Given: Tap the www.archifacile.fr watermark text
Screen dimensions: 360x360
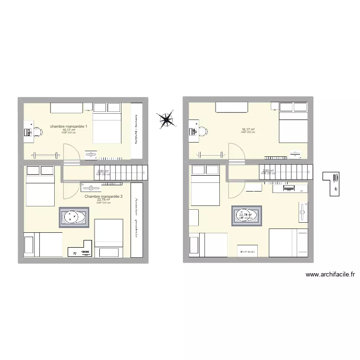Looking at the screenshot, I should click(330, 275).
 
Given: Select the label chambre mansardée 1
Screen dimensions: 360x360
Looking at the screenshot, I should click(68, 126).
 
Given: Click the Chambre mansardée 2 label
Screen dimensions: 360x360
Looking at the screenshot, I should click(104, 196).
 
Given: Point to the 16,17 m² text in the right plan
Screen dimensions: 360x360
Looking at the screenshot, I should click(248, 129).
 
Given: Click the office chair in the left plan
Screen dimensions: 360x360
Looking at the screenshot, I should click(37, 132).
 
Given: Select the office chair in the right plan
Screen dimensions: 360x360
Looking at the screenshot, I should click(202, 131).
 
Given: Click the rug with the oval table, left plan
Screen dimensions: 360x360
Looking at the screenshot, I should click(73, 217).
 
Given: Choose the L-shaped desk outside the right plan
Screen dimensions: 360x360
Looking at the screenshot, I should click(331, 184).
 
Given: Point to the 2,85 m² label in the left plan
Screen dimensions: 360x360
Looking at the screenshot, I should click(103, 171).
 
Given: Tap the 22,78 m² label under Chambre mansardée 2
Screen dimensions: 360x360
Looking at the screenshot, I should click(104, 200).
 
